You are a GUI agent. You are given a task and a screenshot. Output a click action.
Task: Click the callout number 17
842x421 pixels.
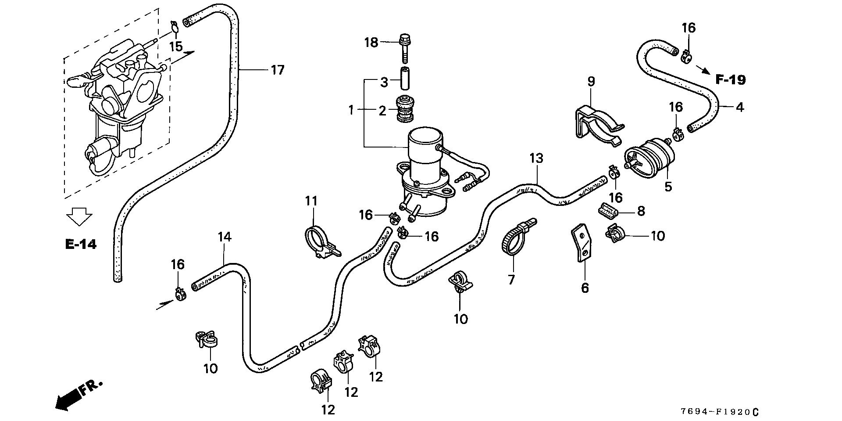[278, 70]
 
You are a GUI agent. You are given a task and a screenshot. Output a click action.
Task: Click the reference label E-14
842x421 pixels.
[81, 245]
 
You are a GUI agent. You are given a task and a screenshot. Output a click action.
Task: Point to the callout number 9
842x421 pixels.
[591, 82]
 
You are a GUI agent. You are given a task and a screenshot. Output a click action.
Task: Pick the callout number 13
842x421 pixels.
[536, 158]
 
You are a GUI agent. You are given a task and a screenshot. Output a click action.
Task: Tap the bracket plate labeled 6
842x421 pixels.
[582, 244]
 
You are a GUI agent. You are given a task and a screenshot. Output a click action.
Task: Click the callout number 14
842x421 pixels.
[224, 237]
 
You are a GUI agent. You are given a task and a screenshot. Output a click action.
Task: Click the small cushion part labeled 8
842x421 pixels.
[608, 211]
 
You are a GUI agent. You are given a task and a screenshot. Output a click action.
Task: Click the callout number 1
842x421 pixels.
[351, 110]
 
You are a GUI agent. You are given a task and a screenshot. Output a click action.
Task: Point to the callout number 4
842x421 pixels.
[739, 107]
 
